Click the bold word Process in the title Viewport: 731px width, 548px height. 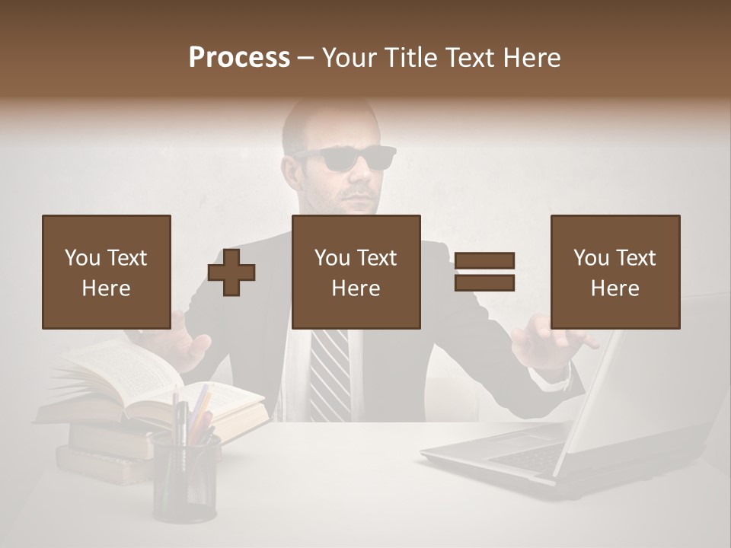[x=239, y=58]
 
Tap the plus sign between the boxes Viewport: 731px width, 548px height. [x=231, y=272]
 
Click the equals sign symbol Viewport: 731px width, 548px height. [x=484, y=272]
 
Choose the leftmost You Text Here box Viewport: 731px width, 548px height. [x=107, y=272]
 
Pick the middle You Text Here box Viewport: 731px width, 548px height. [x=356, y=272]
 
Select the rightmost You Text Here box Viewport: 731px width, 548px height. [x=614, y=272]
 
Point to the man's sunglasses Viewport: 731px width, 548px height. [x=347, y=158]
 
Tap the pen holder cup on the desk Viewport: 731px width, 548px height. [x=185, y=476]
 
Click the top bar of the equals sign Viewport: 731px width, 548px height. [x=484, y=261]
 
